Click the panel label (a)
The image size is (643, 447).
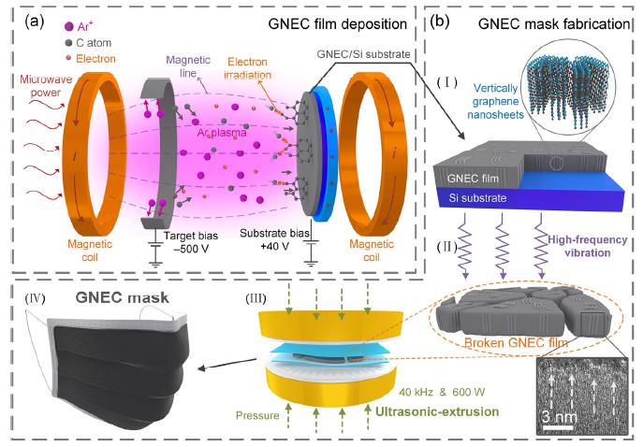point(34,22)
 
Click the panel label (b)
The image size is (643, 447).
point(439,22)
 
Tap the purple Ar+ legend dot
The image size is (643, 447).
point(69,27)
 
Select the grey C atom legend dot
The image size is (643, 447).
point(68,43)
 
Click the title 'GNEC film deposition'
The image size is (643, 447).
point(338,23)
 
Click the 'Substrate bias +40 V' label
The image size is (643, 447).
point(275,239)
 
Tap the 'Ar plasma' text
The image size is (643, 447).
point(222,133)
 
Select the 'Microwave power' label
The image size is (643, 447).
point(46,86)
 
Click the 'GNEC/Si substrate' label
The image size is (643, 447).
point(363,53)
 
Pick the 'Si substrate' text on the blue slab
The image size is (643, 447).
point(477,198)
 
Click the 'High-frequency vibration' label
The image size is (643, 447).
point(588,246)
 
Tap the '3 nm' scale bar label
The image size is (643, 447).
point(560,417)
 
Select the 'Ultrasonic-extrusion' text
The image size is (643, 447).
point(437,411)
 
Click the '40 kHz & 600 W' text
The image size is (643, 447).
point(442,392)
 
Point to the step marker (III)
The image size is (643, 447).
point(256,298)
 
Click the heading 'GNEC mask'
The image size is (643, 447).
point(123,297)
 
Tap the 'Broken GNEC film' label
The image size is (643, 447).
point(516,342)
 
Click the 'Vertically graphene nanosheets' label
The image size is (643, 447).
point(495,101)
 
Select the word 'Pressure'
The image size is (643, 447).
point(257,415)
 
